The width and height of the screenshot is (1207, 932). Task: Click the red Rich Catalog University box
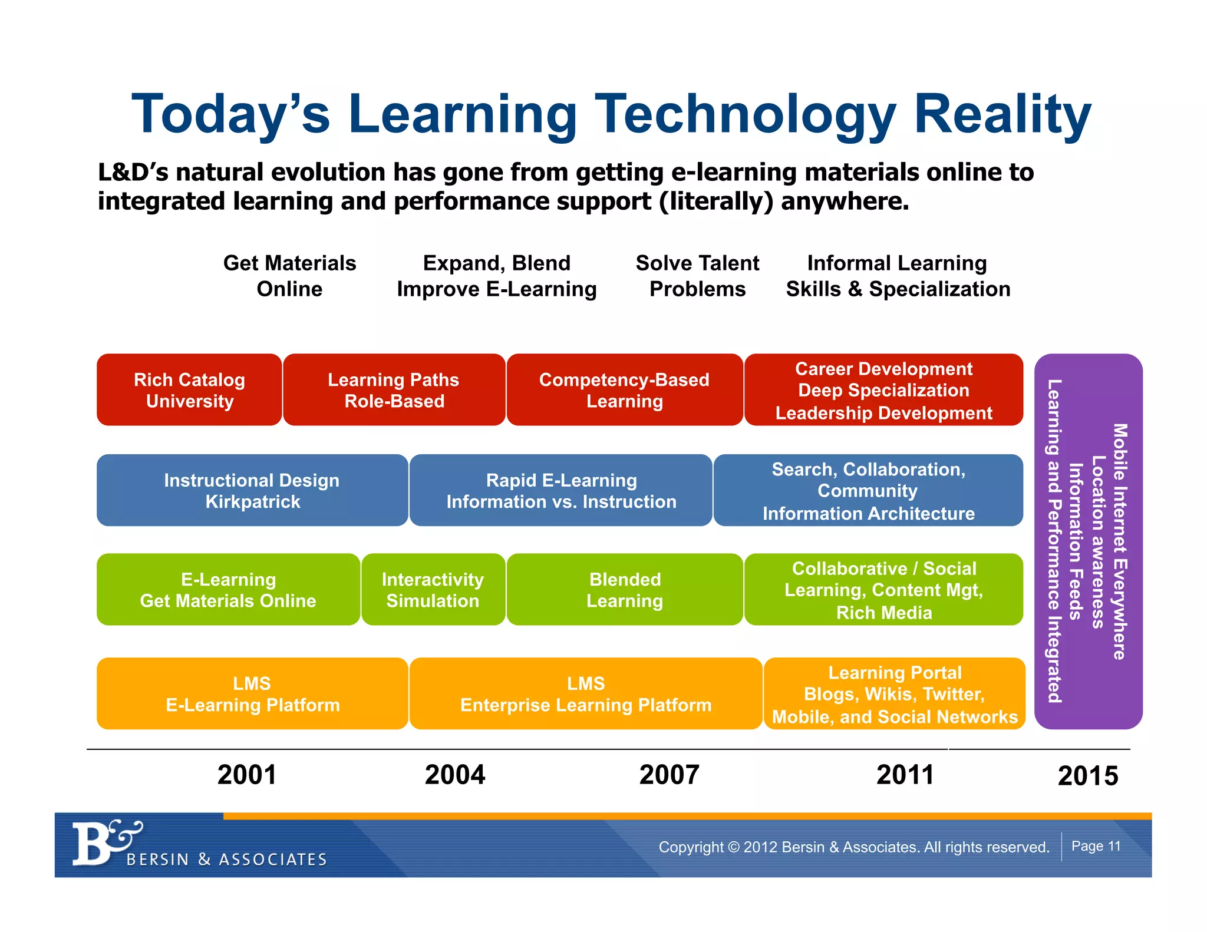click(189, 390)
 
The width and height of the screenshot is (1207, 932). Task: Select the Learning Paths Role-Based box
click(394, 390)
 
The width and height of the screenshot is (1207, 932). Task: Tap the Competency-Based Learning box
click(624, 390)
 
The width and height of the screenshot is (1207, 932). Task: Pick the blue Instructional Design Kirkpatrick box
click(252, 490)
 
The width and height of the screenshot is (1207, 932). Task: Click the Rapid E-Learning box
click(560, 490)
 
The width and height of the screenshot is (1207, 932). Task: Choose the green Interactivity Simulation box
click(433, 590)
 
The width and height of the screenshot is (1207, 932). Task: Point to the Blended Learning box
click(624, 590)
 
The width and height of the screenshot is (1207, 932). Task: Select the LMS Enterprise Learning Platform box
click(585, 694)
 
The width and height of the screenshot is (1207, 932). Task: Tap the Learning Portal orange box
click(894, 694)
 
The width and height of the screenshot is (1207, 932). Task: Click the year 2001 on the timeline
click(247, 775)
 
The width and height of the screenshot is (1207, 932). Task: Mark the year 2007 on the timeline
click(669, 775)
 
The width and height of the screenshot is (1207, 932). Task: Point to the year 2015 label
click(1087, 776)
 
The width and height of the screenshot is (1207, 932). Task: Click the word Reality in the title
click(1002, 115)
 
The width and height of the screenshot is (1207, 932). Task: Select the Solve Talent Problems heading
click(697, 276)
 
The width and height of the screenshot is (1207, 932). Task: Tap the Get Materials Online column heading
click(289, 276)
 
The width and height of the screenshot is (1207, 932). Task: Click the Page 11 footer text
click(1096, 846)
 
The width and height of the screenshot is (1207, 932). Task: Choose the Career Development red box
click(883, 390)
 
